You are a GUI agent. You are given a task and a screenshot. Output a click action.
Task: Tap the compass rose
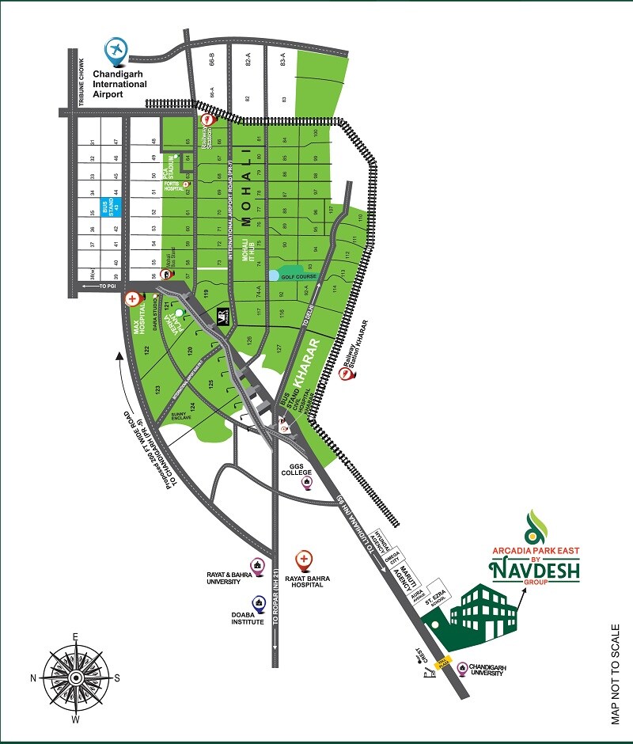(x=75, y=678)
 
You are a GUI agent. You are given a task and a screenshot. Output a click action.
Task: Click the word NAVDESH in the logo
(x=535, y=568)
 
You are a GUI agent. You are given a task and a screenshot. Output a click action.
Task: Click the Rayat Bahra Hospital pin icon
(x=303, y=560)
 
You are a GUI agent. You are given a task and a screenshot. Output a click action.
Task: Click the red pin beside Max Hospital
(x=131, y=299)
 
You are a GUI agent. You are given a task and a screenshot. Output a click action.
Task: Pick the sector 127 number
(x=279, y=347)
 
